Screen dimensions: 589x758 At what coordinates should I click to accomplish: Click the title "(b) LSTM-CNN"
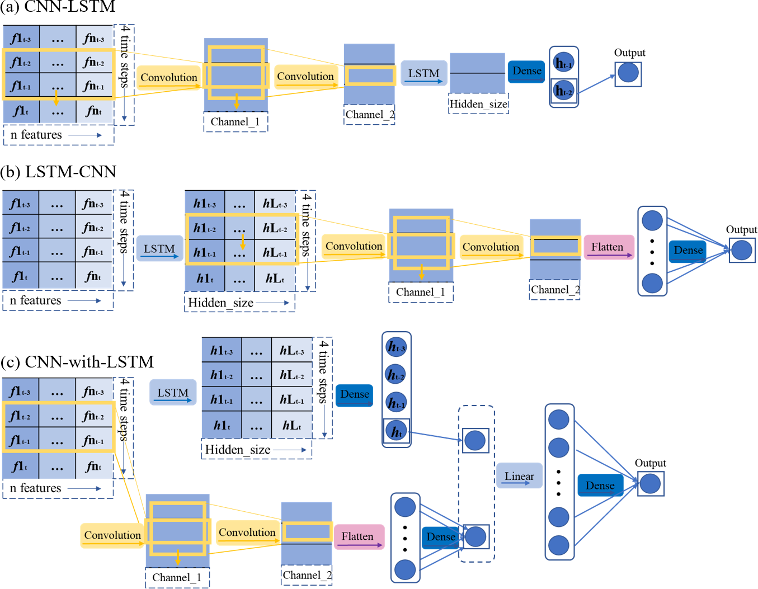[58, 172]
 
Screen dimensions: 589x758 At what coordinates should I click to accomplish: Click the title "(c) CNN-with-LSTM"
[77, 362]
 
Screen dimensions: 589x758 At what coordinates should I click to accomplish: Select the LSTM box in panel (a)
[424, 74]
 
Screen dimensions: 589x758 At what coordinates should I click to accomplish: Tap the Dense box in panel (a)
[526, 71]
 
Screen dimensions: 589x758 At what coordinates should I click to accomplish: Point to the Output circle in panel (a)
[628, 73]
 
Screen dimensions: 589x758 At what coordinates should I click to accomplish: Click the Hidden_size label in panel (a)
[478, 104]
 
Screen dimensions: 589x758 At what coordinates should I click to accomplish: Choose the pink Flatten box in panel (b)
[608, 247]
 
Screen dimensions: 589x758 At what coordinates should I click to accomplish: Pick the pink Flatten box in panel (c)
[359, 537]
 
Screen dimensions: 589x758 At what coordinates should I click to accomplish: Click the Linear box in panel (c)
[519, 476]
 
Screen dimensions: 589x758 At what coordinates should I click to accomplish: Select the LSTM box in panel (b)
[159, 249]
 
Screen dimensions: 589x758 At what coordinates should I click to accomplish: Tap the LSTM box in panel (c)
[173, 393]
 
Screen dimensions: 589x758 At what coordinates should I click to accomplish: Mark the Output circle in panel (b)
[742, 250]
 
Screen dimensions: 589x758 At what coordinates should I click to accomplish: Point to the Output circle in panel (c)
[650, 483]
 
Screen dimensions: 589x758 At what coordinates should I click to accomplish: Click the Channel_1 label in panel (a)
[235, 122]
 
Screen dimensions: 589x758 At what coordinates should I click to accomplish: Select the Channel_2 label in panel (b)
[554, 290]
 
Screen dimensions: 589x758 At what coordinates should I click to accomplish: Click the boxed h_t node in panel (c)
[397, 431]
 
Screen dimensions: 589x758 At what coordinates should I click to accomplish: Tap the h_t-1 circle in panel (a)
[563, 63]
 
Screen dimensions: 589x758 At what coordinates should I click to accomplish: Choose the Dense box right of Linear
[600, 486]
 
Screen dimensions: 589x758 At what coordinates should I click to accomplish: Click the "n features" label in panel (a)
[36, 135]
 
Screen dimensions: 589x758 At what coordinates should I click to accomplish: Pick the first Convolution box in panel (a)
[169, 78]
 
